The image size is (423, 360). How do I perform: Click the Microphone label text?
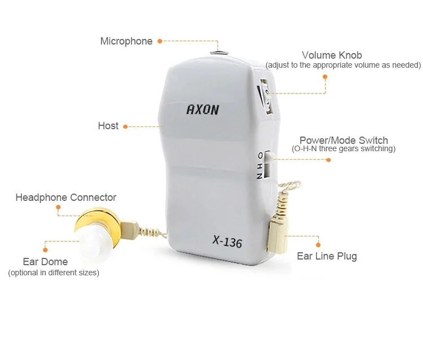pyautogui.click(x=126, y=41)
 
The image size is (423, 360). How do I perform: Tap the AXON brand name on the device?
pyautogui.click(x=202, y=109)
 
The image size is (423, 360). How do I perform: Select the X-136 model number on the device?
pyautogui.click(x=227, y=242)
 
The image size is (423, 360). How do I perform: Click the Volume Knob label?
pyautogui.click(x=332, y=55)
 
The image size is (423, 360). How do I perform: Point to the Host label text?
pyautogui.click(x=108, y=126)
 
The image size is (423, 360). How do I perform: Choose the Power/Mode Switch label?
pyautogui.click(x=343, y=141)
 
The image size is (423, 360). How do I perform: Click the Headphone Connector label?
pyautogui.click(x=65, y=197)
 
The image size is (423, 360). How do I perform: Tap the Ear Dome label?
pyautogui.click(x=45, y=262)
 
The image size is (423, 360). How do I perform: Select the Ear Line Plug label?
pyautogui.click(x=327, y=256)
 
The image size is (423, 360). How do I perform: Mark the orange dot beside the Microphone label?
pyautogui.click(x=160, y=41)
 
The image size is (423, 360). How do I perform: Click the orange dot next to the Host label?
pyautogui.click(x=125, y=126)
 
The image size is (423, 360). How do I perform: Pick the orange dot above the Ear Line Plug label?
pyautogui.click(x=318, y=244)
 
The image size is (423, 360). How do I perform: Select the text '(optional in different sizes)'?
pyautogui.click(x=54, y=273)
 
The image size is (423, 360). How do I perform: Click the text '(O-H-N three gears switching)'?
pyautogui.click(x=343, y=149)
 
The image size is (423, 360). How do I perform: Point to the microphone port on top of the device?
pyautogui.click(x=218, y=52)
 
